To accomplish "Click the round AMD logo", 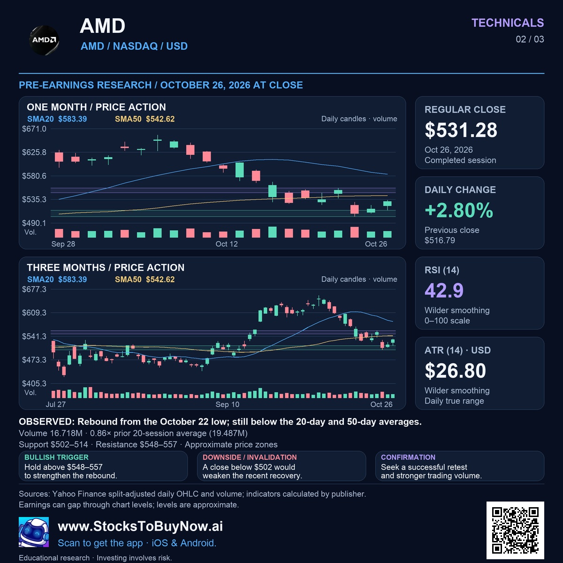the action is point(44,40).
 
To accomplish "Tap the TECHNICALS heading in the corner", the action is point(508,23).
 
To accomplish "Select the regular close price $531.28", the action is point(461,130).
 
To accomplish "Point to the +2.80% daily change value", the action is point(459,210).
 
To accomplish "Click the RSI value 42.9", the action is point(444,290).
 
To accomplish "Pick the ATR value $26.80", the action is point(455,371).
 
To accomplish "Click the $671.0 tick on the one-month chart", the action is point(34,129).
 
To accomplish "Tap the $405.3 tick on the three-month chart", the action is point(34,383).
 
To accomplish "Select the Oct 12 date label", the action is point(227,244).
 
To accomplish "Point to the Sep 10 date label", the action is point(227,404).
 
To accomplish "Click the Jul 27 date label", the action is point(56,404).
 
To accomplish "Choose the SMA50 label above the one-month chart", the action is point(128,119).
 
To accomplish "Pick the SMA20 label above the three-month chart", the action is point(40,279).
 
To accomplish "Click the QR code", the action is point(515,530).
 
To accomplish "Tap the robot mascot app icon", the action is point(34,532).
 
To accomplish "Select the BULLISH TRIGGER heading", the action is point(56,457).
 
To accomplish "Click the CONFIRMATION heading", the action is point(408,457).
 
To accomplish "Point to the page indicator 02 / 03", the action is point(530,39).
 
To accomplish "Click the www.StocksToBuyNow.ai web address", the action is point(140,526).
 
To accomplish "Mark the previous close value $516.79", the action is point(440,241).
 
